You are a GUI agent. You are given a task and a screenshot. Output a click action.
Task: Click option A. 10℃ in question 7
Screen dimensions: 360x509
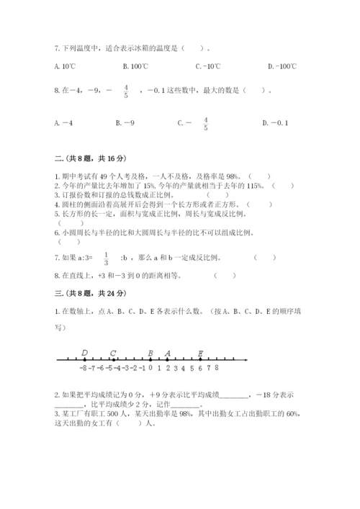click(64, 67)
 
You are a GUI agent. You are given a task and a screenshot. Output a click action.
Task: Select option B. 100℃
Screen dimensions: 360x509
click(135, 67)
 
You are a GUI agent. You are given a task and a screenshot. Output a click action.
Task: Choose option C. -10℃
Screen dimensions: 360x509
click(208, 67)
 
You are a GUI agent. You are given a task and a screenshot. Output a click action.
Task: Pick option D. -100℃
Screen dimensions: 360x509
click(282, 67)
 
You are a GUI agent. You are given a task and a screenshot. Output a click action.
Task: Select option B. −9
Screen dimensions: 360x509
click(125, 123)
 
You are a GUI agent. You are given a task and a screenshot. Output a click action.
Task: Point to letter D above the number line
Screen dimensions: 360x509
click(85, 352)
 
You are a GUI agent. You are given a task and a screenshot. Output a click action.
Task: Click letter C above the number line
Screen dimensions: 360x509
click(114, 352)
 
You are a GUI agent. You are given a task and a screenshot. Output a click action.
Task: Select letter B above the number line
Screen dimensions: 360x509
click(150, 352)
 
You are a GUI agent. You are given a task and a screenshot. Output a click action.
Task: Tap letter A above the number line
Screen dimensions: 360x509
click(168, 352)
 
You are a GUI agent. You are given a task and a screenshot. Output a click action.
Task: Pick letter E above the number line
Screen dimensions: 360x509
click(200, 352)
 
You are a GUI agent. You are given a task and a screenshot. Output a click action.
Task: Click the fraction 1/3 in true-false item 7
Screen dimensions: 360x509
click(106, 258)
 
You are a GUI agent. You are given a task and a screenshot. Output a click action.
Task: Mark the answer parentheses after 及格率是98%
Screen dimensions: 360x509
click(259, 176)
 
